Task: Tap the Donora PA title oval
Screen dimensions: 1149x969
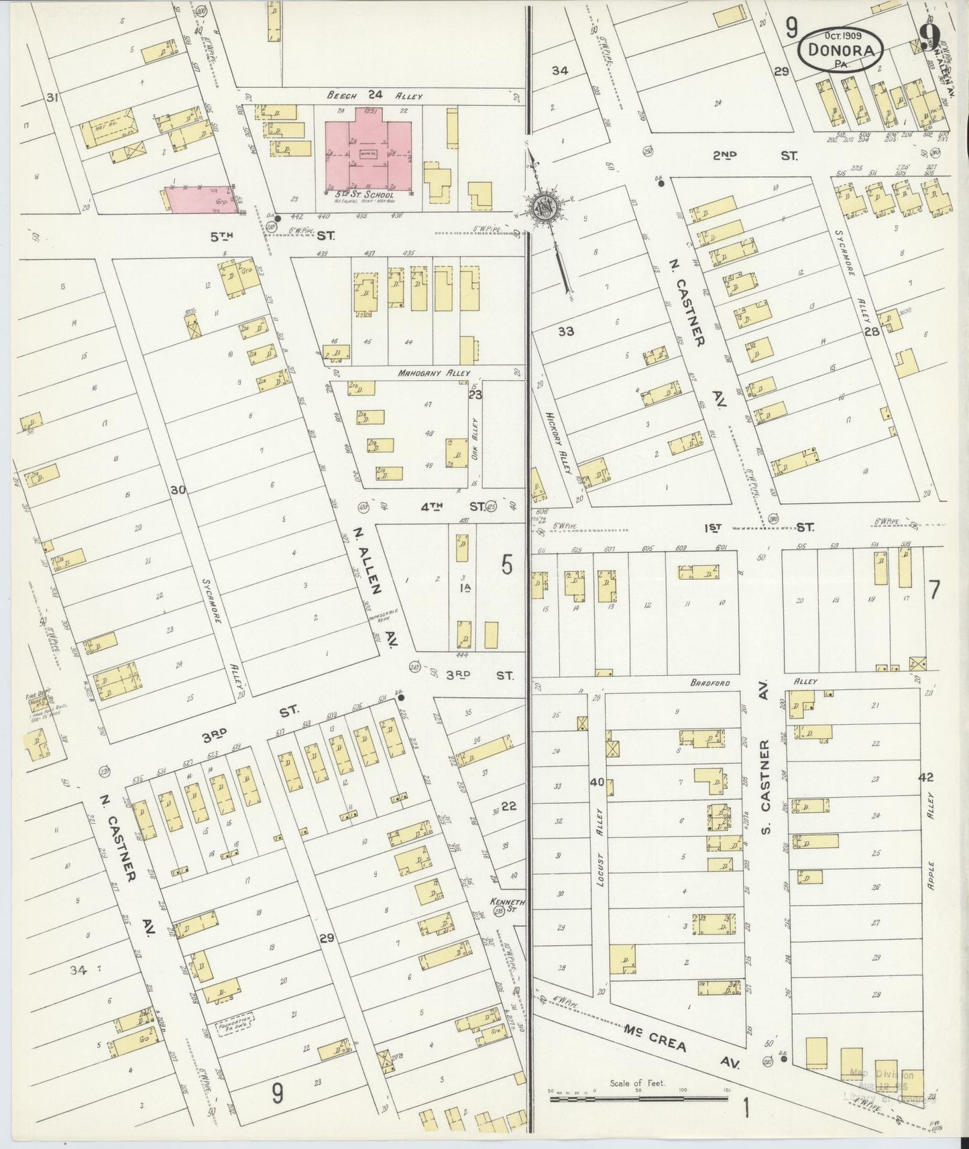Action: pyautogui.click(x=841, y=50)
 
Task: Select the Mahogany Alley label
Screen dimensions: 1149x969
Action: pyautogui.click(x=433, y=373)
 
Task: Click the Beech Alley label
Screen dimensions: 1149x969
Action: pyautogui.click(x=376, y=96)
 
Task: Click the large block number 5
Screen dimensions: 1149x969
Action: pyautogui.click(x=507, y=566)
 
